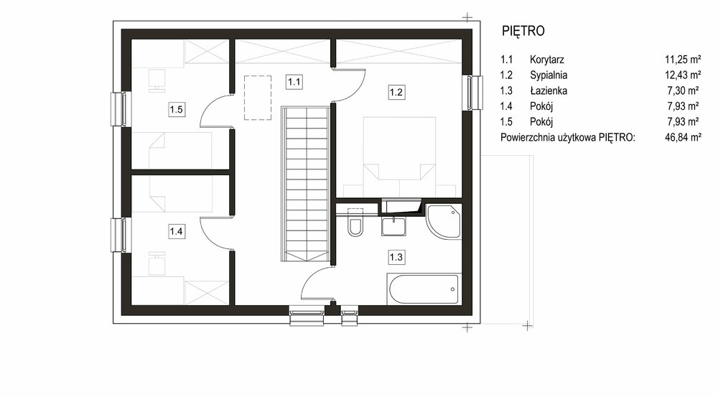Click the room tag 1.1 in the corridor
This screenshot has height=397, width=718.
click(294, 82)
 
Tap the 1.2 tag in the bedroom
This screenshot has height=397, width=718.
click(396, 92)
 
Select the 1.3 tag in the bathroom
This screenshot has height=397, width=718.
click(396, 257)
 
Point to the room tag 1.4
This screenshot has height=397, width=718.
click(177, 231)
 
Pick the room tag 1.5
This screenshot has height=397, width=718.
click(177, 109)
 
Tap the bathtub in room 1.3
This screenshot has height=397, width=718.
click(423, 289)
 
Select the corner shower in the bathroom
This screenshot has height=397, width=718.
click(443, 222)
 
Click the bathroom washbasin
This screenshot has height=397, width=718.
click(393, 226)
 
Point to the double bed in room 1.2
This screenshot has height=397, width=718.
click(399, 149)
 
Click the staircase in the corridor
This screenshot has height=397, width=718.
click(305, 184)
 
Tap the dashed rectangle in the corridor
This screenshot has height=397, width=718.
click(257, 98)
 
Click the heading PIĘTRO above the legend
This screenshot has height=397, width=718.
click(523, 31)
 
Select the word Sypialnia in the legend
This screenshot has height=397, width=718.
click(549, 75)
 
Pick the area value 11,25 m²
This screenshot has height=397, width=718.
click(683, 60)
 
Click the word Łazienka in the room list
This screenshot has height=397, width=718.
click(549, 90)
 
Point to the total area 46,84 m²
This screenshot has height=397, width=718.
click(683, 137)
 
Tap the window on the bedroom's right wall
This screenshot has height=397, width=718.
click(474, 93)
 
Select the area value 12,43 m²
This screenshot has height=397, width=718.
click(683, 75)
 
